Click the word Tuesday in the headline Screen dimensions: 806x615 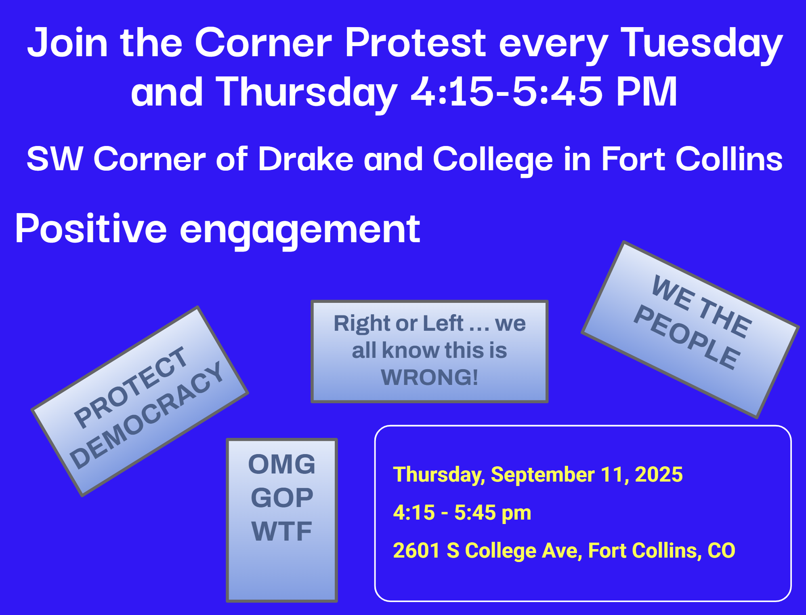point(702,44)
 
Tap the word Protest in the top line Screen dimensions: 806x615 point(416,42)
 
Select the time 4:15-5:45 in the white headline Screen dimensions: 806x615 point(507,92)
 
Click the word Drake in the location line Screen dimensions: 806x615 point(306,159)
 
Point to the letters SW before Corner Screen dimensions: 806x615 point(55,159)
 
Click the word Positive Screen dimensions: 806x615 point(91,228)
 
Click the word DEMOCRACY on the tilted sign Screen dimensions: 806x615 point(147,415)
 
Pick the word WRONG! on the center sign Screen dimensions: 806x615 point(430,377)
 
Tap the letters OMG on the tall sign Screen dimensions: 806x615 point(282,464)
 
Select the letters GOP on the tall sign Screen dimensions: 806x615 point(282,498)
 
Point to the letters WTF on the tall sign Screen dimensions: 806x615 point(282,531)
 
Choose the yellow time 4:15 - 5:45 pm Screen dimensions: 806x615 point(462,513)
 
